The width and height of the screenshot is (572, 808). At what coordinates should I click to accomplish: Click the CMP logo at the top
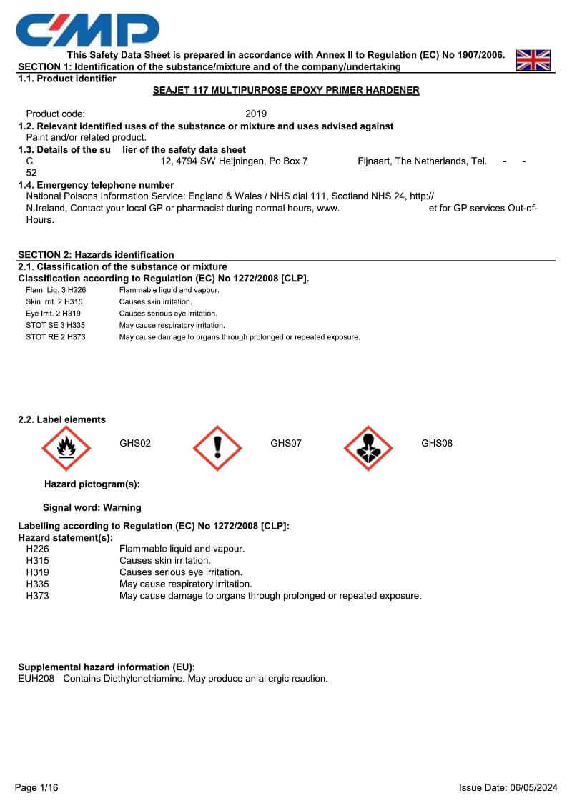click(87, 29)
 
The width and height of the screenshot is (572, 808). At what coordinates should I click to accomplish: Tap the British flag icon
click(533, 60)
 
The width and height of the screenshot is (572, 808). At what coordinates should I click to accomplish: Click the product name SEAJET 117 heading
click(286, 91)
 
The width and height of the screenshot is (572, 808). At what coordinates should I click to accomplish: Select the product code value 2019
click(256, 114)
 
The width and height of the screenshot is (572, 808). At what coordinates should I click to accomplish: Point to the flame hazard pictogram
click(66, 449)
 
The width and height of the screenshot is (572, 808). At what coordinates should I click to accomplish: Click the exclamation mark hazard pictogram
click(217, 449)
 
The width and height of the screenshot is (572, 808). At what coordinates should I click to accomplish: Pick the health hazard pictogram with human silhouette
click(368, 449)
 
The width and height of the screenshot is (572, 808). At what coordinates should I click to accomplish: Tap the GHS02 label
click(135, 444)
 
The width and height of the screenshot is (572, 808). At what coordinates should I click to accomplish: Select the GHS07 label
click(286, 444)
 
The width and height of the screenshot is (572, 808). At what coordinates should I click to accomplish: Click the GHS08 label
click(437, 444)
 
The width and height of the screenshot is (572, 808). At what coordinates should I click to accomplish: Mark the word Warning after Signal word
click(122, 508)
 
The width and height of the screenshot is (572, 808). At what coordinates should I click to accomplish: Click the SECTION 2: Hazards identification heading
click(96, 255)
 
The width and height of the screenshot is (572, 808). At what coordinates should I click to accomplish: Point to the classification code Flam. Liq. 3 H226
click(56, 291)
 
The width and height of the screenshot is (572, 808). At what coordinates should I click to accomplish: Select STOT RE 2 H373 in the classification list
click(56, 337)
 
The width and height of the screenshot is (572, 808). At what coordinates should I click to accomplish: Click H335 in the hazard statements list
click(38, 584)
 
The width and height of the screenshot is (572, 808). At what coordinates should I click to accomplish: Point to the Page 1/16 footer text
click(36, 788)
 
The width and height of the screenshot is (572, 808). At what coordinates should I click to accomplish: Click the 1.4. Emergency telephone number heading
click(96, 185)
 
